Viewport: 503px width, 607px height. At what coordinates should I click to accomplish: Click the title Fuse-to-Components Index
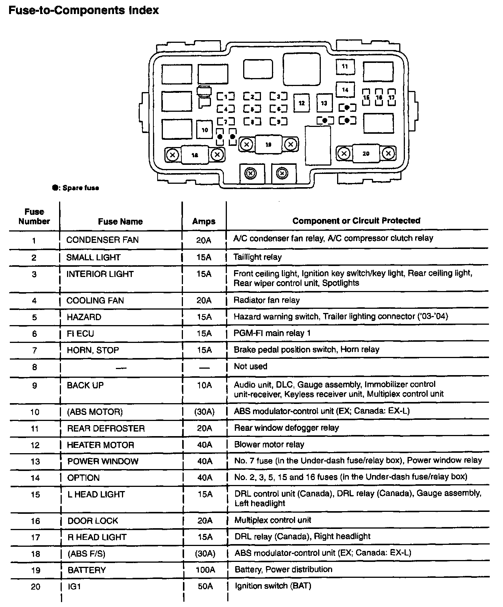(84, 10)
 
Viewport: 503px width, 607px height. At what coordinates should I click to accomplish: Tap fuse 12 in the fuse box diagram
(301, 103)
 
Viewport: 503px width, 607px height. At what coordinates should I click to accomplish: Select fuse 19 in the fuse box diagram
(268, 144)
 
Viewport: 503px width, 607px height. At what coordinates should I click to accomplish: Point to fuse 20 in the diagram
(366, 153)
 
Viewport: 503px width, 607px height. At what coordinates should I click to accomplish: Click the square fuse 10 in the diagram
(205, 130)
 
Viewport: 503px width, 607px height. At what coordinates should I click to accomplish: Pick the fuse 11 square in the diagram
(345, 67)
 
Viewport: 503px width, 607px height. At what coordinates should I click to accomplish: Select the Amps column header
(204, 221)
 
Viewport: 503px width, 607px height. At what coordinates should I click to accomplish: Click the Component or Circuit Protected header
(356, 221)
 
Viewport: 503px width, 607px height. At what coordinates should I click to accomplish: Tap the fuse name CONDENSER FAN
(102, 240)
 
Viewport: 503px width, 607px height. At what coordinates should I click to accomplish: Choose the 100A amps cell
(206, 570)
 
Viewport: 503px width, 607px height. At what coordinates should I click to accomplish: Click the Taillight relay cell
(258, 257)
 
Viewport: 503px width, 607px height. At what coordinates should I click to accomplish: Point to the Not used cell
(250, 366)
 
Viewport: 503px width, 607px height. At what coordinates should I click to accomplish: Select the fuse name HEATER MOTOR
(100, 445)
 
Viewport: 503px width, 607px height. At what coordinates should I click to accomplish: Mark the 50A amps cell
(205, 587)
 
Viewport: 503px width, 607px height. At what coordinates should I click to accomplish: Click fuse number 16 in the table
(35, 521)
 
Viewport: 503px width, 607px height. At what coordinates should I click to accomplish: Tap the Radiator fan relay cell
(267, 300)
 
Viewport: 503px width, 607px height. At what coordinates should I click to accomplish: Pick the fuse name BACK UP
(85, 385)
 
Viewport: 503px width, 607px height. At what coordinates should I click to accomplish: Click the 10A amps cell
(204, 385)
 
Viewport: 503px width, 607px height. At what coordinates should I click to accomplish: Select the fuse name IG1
(74, 587)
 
